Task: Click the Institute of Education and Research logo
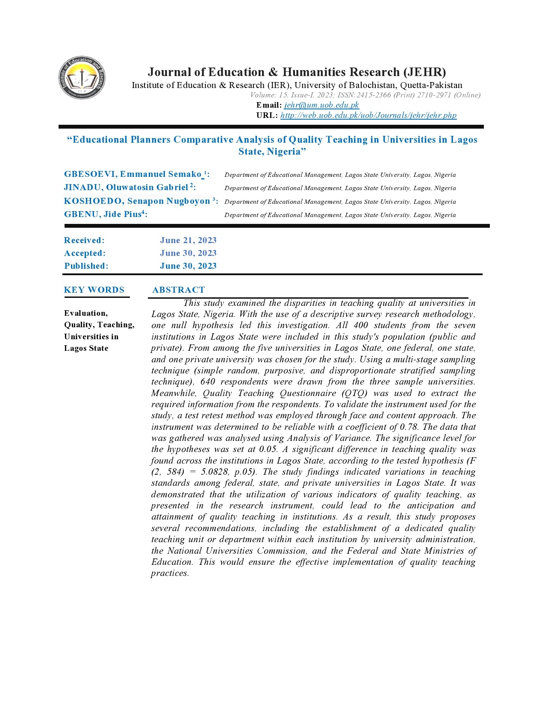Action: tap(82, 78)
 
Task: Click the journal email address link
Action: tap(321, 105)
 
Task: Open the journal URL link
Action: tap(368, 115)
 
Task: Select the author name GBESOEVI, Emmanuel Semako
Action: tap(133, 174)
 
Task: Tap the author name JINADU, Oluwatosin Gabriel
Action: tap(126, 188)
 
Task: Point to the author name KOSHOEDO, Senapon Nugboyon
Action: tap(137, 201)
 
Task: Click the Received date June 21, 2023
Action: tap(188, 241)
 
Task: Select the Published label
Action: tap(86, 266)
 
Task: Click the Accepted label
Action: tap(85, 253)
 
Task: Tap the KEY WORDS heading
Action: tap(94, 290)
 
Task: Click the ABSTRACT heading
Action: tap(178, 290)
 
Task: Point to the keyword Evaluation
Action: tap(85, 313)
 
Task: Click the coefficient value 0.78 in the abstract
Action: tap(409, 427)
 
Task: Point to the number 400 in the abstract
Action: tap(361, 326)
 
